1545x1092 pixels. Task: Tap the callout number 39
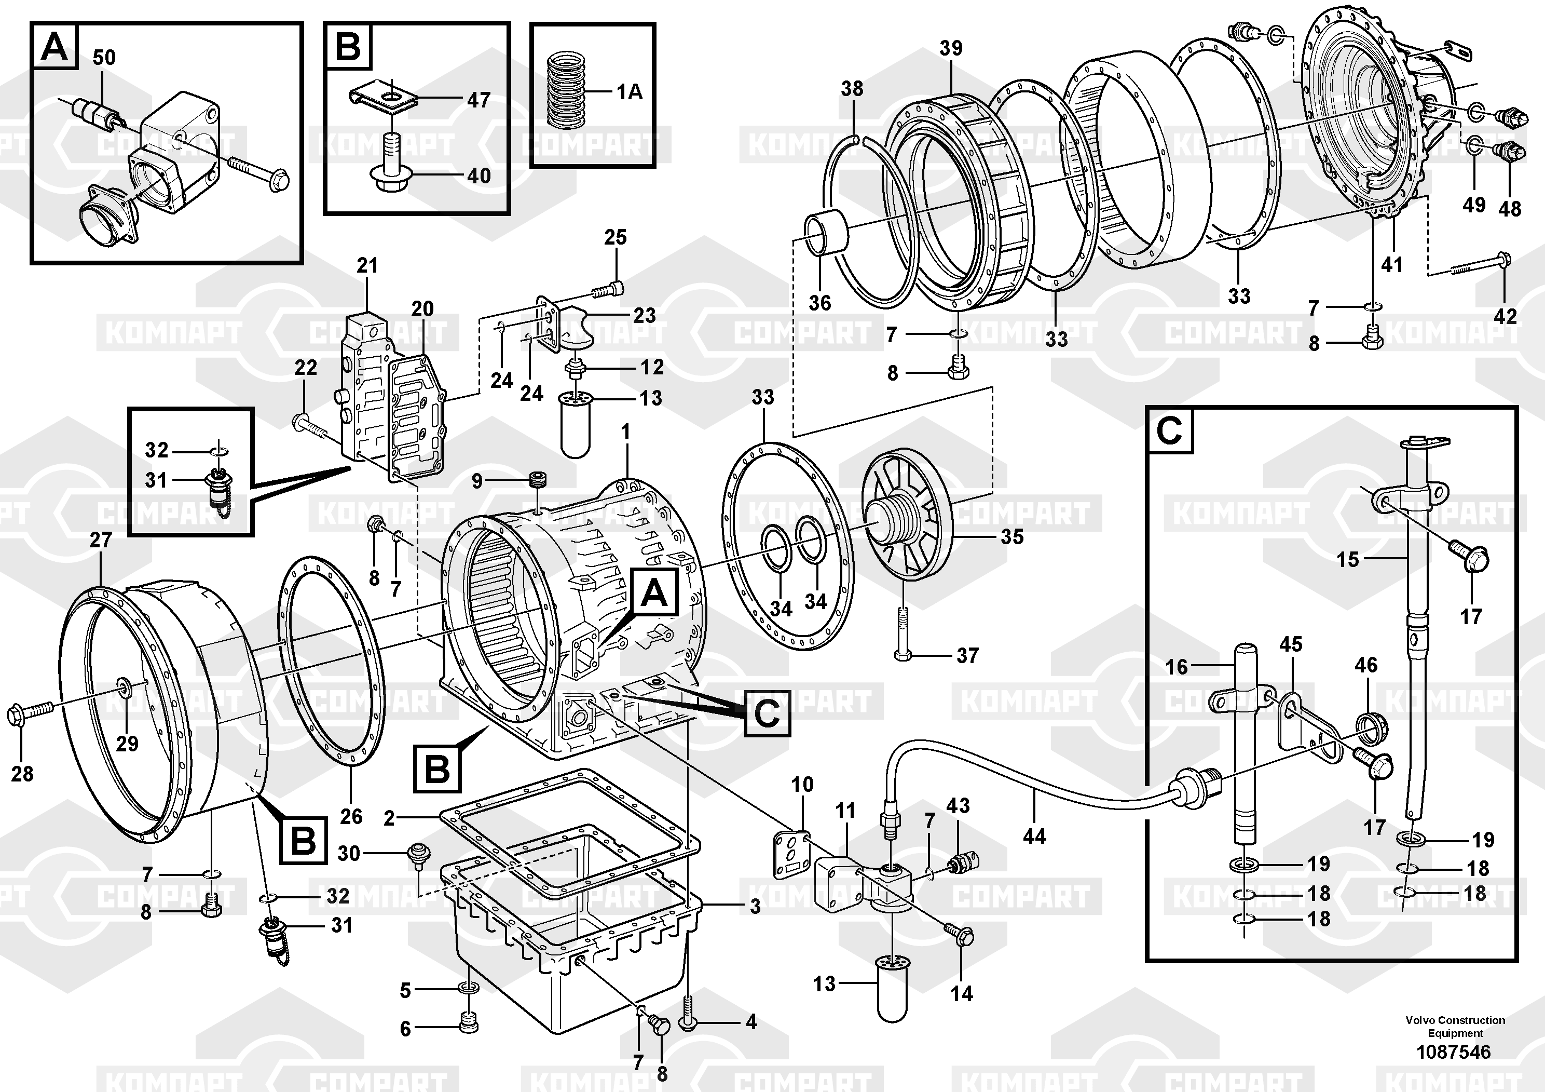click(951, 48)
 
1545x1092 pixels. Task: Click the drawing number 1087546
click(1454, 1051)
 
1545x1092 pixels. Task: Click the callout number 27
click(101, 540)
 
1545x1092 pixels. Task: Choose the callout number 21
click(367, 265)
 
